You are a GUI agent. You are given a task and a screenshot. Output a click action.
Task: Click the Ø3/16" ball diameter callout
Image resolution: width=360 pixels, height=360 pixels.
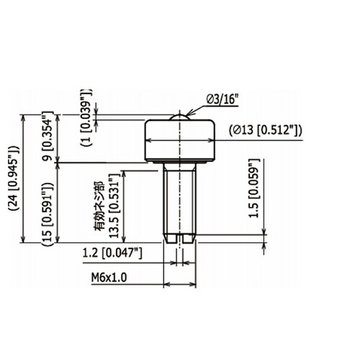coord(222,99)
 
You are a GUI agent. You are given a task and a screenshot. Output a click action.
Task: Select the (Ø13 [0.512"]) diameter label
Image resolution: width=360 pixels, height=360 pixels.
coord(266,130)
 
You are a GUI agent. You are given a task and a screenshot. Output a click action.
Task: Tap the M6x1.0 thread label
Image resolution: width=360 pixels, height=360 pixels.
coord(109,278)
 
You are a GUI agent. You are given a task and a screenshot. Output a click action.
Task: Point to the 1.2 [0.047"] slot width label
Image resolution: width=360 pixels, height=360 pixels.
coord(112,253)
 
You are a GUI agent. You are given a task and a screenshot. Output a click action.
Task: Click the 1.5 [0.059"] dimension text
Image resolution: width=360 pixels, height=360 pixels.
coord(254,188)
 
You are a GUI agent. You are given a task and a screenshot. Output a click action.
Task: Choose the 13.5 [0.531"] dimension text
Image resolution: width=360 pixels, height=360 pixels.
coord(114,208)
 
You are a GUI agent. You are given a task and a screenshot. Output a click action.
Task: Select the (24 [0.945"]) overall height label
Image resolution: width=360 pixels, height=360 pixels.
coord(14,178)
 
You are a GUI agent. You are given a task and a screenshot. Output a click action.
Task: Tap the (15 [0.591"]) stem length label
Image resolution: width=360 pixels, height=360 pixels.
coord(48,214)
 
